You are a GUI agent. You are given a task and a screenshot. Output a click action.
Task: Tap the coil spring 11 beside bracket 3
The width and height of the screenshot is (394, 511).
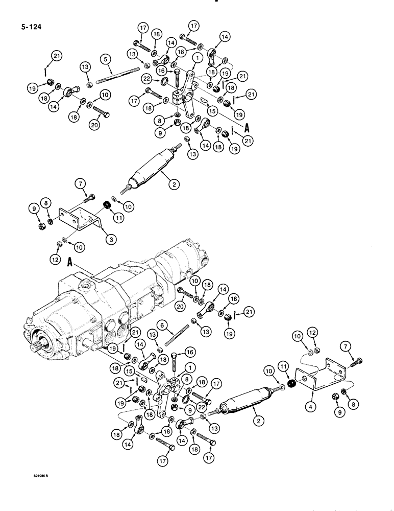[108, 205]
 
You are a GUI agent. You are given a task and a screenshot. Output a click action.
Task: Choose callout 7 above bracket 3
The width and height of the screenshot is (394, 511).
[80, 183]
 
